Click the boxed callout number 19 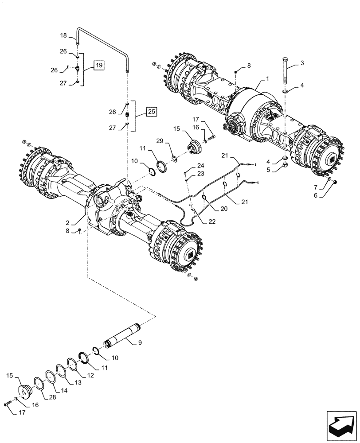click(98, 66)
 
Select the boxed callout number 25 click(152, 111)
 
